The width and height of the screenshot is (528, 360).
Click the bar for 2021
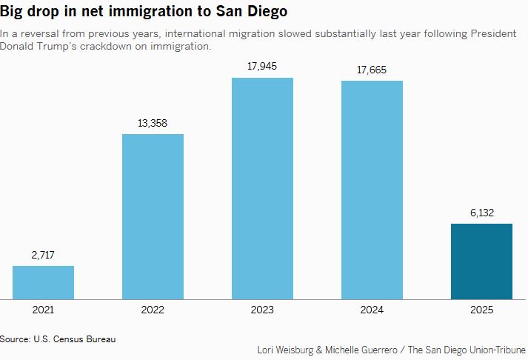pos(43,282)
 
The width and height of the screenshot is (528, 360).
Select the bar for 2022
pos(153,216)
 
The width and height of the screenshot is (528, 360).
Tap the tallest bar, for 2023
pos(262,188)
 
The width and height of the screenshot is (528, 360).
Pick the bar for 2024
pos(372,190)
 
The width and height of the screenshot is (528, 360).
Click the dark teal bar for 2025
pos(481,261)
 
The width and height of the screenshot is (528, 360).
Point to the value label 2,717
pos(43,254)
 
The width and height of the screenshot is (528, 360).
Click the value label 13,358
pos(153,123)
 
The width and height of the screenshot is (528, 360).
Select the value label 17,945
pos(262,67)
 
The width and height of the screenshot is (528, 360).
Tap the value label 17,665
pos(372,70)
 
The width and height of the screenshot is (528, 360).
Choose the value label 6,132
pos(481,212)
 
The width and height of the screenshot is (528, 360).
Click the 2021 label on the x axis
pos(43,310)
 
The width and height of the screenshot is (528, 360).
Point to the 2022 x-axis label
pos(153,310)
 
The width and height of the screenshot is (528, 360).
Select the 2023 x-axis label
pos(262,310)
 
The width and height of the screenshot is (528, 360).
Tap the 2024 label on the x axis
pos(372,310)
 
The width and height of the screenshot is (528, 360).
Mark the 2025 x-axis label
pos(481,310)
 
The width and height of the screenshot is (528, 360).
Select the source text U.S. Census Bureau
pos(75,339)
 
